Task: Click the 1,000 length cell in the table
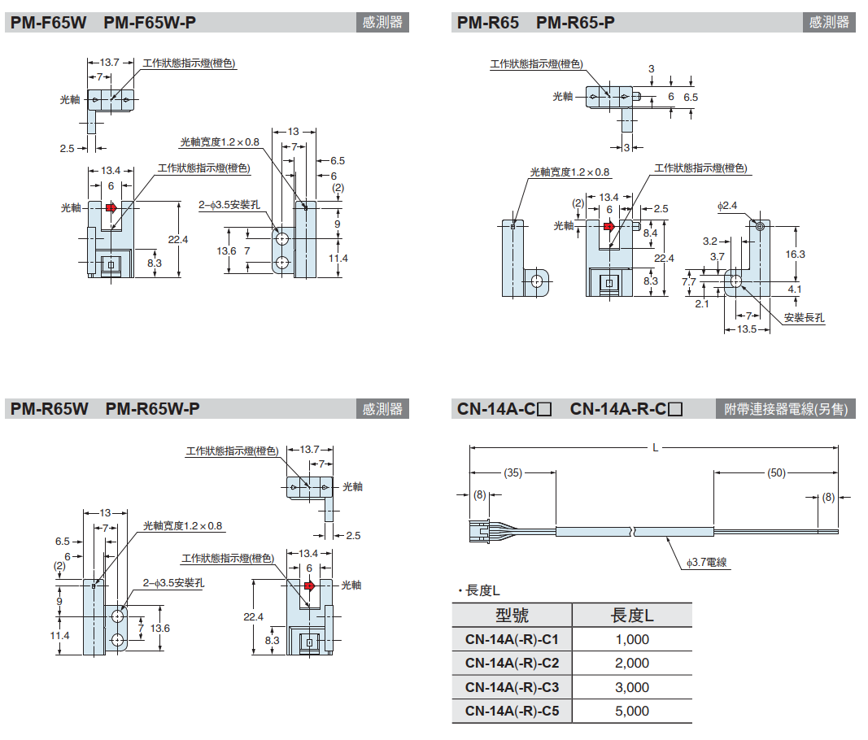pos(632,640)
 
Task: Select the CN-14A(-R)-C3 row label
pos(512,687)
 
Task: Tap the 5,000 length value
pos(632,711)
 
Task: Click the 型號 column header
pos(512,615)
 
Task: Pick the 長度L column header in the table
pos(632,615)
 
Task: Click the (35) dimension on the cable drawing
pos(513,472)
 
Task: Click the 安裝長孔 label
pos(805,317)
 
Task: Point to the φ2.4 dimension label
pos(726,206)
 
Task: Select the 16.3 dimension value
pos(795,254)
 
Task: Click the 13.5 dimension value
pos(746,329)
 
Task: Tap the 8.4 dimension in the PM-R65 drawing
pos(650,233)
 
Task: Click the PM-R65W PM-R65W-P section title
pos(105,409)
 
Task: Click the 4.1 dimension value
pos(795,288)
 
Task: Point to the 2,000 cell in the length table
pos(632,664)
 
